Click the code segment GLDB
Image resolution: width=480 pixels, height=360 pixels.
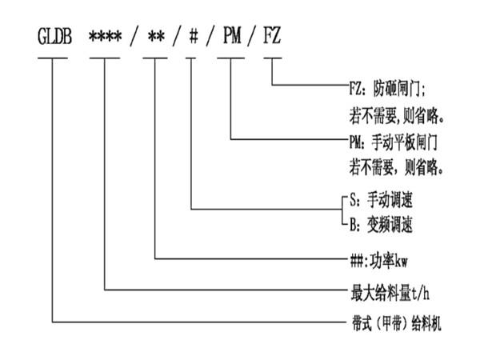54,37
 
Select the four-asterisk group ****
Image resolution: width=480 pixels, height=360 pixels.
105,37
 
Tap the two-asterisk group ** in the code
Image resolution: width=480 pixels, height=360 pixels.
156,37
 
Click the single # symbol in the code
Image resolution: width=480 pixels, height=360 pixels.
193,37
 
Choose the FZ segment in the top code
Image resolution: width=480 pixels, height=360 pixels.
274,37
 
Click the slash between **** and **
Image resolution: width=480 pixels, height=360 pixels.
134,37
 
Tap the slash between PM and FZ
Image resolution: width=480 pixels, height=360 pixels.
252,37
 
